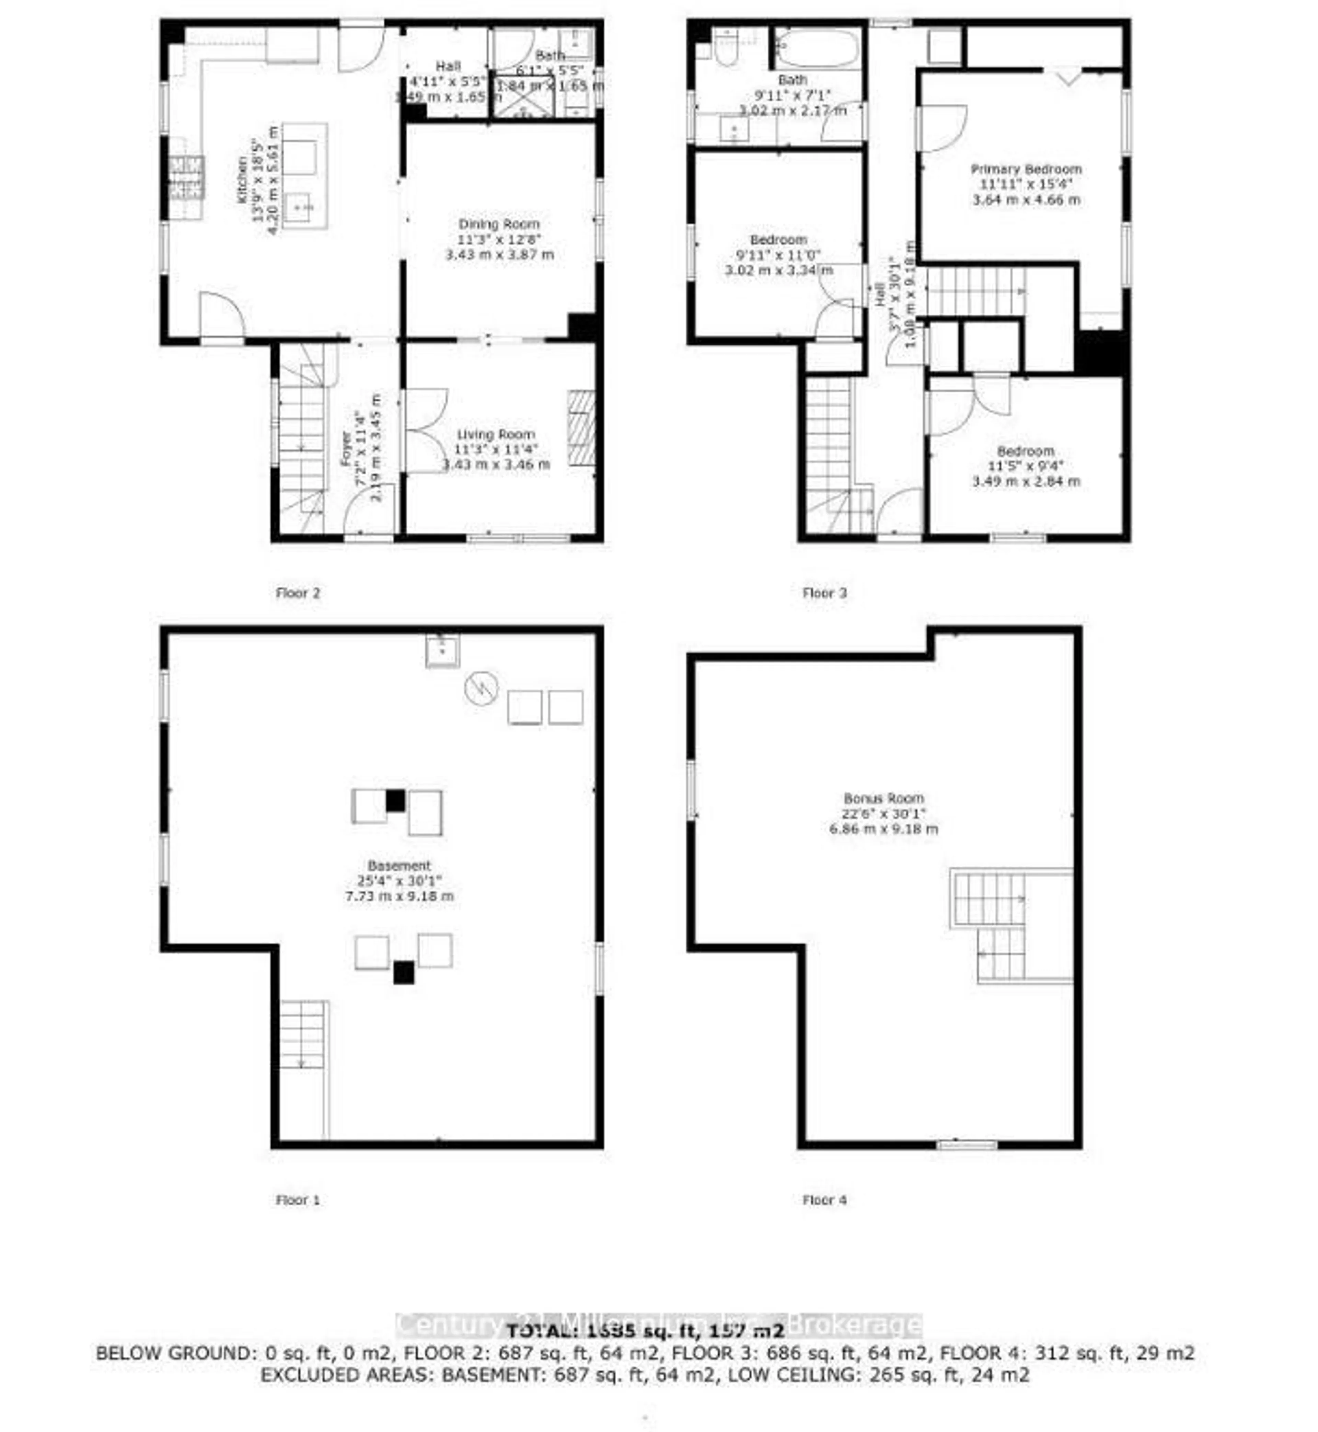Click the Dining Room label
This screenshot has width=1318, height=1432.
pos(498,224)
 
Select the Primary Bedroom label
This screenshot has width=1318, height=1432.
pos(1026,169)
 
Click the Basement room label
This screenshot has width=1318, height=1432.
pos(400,866)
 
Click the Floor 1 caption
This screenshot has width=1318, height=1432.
pos(297,1200)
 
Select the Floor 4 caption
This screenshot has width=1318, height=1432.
pos(824,1200)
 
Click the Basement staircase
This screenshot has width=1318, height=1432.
pos(302,1034)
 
